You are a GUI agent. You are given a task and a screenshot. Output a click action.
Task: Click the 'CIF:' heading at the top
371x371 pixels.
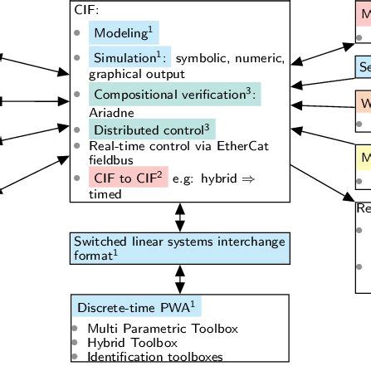point(87,12)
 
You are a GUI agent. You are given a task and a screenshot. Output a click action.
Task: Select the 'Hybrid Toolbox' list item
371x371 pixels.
point(132,343)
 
